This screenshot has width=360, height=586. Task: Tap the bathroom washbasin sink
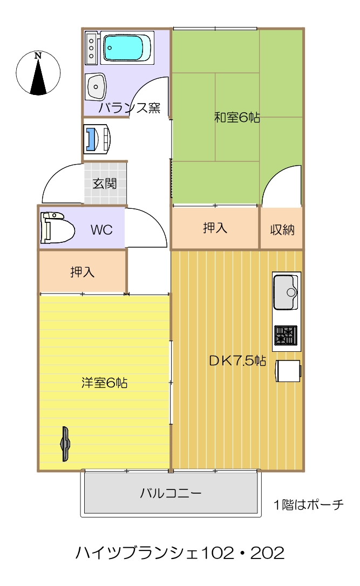(x=96, y=87)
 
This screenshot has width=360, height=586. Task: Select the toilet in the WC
(x=58, y=228)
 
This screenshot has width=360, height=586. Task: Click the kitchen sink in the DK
(x=286, y=292)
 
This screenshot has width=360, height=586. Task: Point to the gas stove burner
(x=286, y=335)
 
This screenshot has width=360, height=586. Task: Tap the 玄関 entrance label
(x=104, y=183)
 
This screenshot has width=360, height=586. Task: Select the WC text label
(x=101, y=230)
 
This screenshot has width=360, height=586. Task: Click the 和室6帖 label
(x=237, y=118)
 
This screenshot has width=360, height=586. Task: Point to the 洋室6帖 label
(x=104, y=383)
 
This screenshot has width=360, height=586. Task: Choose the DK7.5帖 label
(x=237, y=360)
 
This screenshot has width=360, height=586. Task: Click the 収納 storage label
(x=282, y=230)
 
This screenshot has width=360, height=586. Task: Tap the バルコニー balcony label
(x=171, y=493)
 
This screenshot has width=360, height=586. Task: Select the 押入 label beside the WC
(x=82, y=272)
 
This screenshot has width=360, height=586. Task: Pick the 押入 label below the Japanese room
(x=215, y=228)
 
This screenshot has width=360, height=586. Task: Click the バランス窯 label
(x=130, y=108)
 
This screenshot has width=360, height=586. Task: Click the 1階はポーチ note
(x=309, y=505)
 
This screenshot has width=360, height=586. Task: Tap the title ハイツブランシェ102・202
(x=180, y=553)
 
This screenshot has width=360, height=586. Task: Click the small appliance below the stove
(x=288, y=371)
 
